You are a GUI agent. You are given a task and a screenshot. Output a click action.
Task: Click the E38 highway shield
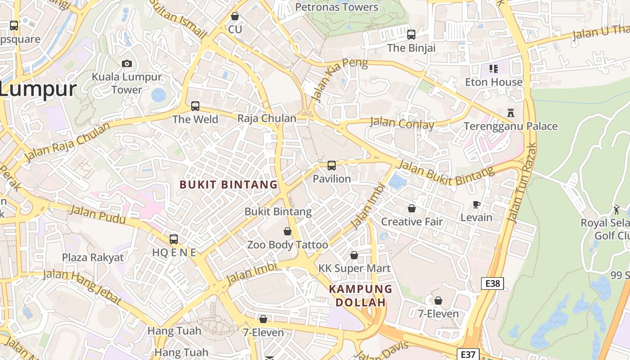[492, 283]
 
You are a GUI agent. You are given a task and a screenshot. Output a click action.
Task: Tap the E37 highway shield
[468, 354]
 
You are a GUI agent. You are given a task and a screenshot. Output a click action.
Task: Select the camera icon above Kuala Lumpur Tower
[127, 63]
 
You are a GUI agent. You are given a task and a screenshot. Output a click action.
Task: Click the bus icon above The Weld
[195, 106]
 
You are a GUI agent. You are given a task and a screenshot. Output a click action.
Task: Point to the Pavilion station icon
[332, 165]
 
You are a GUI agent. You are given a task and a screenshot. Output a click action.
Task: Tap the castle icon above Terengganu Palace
[510, 112]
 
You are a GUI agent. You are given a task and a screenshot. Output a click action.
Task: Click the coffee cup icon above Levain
[476, 204]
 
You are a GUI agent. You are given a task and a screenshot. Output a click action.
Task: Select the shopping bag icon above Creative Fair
[411, 208]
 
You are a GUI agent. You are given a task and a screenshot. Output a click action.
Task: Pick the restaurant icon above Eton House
[494, 69]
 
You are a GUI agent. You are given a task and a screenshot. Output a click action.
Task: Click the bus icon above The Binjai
[411, 34]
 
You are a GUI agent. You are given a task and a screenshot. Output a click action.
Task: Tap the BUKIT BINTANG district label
[229, 184]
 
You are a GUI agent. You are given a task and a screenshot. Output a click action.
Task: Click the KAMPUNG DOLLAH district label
[360, 296]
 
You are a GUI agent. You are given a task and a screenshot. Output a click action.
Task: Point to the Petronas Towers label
[337, 7]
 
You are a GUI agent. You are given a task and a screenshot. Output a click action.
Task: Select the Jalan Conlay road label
[402, 123]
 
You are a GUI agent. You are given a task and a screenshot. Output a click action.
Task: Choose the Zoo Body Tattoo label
[288, 245]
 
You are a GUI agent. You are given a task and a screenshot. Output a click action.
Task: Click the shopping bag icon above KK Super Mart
[354, 255]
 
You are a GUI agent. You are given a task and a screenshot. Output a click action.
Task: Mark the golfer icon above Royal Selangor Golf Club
[616, 209]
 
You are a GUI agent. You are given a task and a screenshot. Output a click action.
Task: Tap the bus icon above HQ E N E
[174, 239]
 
